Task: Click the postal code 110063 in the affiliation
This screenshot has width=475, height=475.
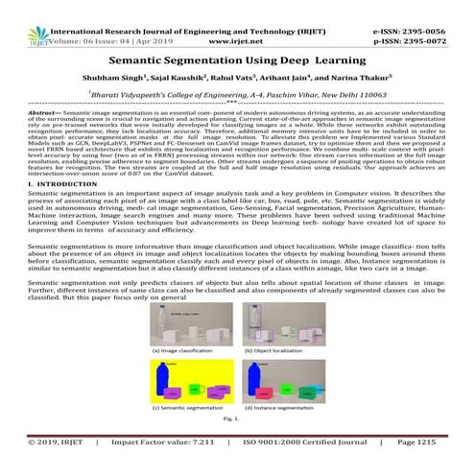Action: pos(370,97)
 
